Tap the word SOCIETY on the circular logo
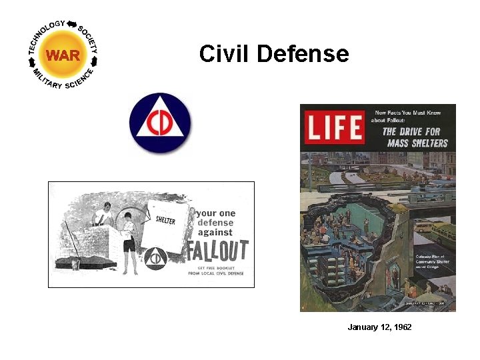(89, 39)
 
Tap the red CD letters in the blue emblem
(160, 125)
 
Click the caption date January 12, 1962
(379, 327)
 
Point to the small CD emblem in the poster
(155, 258)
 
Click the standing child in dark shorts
(129, 243)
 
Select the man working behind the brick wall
(101, 216)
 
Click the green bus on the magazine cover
(441, 233)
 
